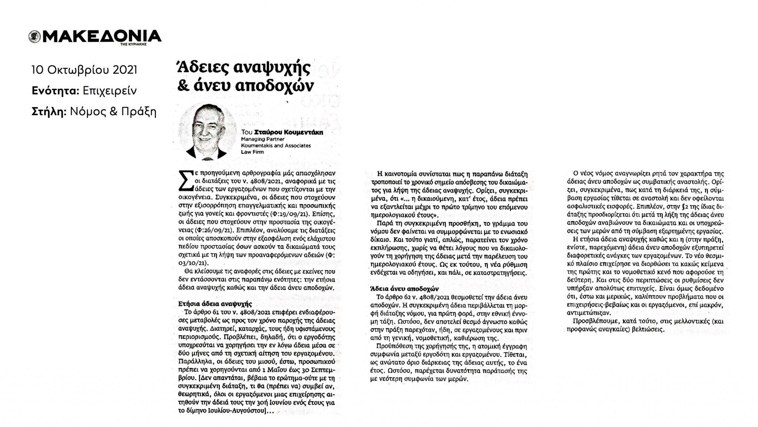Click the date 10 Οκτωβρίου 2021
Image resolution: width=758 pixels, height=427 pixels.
pyautogui.click(x=84, y=70)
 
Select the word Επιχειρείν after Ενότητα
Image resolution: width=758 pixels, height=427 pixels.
pyautogui.click(x=110, y=91)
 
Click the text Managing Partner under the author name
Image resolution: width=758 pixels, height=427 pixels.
pyautogui.click(x=262, y=139)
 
